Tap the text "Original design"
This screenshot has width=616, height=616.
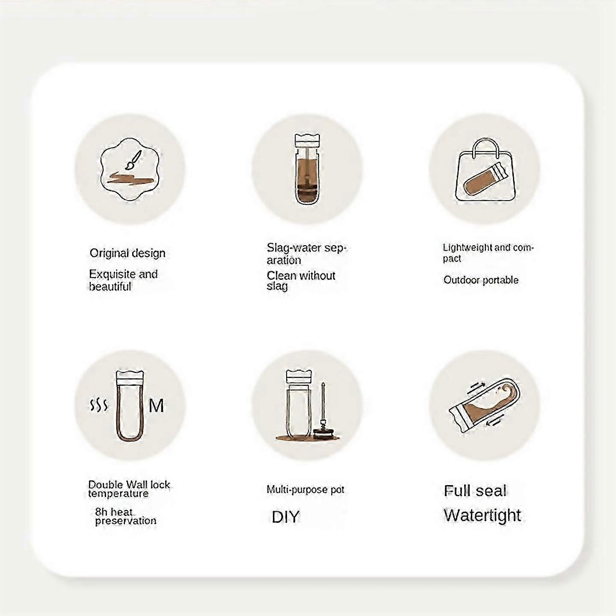point(127,253)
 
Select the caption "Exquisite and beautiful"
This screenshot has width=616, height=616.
point(123,280)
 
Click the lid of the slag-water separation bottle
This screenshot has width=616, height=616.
point(307,140)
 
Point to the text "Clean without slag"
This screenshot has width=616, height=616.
point(301,280)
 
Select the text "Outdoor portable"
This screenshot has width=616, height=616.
point(481,280)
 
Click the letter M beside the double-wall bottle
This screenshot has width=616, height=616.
point(156,406)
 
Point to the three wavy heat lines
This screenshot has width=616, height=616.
point(99,406)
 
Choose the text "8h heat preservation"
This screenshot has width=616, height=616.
point(126,516)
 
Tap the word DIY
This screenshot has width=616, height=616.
point(285,517)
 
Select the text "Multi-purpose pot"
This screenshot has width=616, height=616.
point(305,490)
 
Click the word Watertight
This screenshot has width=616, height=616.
point(483,515)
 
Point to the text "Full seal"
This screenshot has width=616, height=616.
point(475,491)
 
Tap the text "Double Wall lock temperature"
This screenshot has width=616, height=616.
point(129,489)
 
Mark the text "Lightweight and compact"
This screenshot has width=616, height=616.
point(488,252)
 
